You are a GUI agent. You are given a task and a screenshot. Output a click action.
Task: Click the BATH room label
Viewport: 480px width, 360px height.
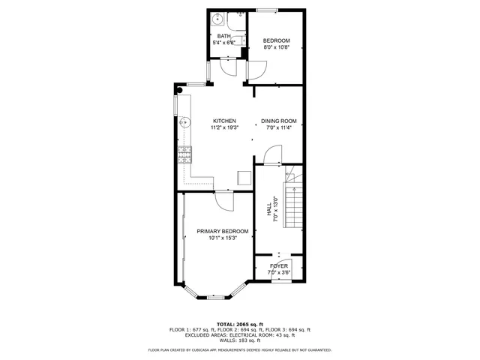223,36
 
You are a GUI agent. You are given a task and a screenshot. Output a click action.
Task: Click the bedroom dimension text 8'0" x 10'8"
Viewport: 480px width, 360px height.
276,48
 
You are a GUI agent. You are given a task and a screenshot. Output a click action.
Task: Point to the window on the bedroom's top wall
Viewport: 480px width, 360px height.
265,10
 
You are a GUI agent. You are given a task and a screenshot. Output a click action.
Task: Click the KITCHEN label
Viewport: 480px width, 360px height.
224,121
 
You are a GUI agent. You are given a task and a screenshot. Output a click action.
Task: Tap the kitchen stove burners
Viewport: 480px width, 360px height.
184,154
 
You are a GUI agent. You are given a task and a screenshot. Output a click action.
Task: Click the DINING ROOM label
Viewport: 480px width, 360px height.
279,121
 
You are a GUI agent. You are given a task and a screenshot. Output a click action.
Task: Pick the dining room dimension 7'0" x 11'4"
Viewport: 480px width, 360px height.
279,127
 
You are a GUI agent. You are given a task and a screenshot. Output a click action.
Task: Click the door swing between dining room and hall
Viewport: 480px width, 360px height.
271,155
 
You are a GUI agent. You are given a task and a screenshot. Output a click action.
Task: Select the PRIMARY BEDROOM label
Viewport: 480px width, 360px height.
223,231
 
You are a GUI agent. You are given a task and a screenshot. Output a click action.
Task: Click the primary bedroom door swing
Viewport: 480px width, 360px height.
224,199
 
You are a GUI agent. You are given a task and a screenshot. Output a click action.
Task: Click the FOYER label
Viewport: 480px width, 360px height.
278,266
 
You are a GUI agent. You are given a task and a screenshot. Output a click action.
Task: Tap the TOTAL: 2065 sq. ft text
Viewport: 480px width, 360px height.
239,323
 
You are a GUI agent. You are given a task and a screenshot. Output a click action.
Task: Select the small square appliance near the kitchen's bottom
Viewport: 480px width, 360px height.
244,177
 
